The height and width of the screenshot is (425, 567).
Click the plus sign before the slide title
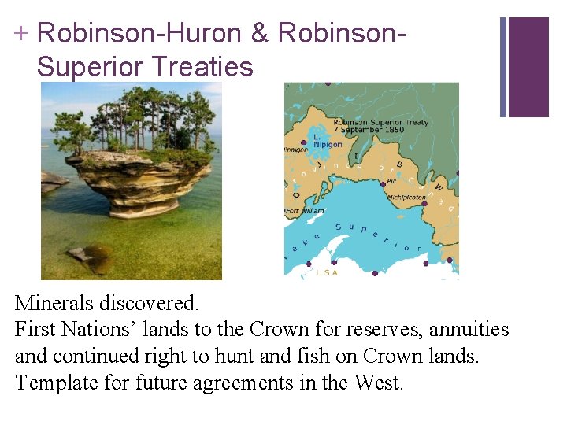(x=21, y=33)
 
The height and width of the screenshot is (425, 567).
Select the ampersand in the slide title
(x=261, y=33)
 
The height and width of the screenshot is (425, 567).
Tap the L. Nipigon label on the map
(x=328, y=140)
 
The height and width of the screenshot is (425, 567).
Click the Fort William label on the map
(x=304, y=211)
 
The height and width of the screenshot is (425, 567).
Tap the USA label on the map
(x=327, y=272)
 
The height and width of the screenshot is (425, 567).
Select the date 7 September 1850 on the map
(x=369, y=130)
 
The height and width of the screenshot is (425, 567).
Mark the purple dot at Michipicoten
(x=424, y=203)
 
